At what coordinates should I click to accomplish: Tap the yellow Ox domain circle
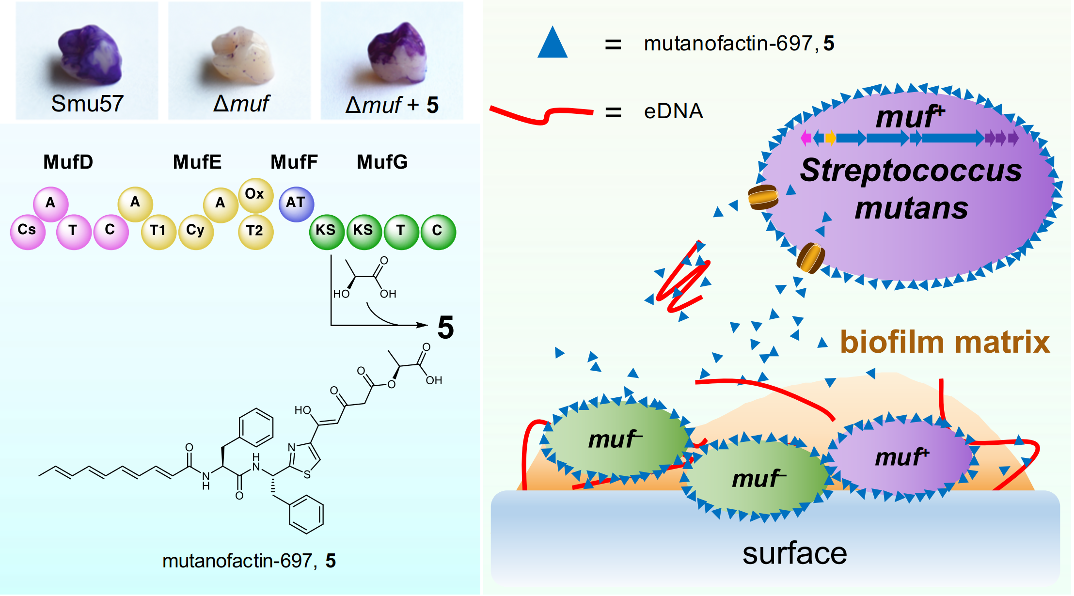coord(255,195)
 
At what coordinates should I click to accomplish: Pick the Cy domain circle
coord(195,231)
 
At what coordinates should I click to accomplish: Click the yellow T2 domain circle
coord(255,231)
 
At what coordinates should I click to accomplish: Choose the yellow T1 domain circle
coord(158,231)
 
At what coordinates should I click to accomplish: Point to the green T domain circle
coord(400,231)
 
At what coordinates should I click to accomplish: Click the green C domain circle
coord(437,231)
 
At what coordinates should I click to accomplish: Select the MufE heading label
coord(197,162)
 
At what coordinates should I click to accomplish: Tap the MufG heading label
coord(382,162)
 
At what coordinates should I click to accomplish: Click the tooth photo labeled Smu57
coord(90,56)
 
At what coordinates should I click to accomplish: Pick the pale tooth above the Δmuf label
coord(241,53)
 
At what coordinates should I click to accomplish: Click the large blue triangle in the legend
coord(552,44)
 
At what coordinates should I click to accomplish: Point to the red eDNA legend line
coord(540,114)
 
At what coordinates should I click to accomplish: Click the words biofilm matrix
coord(945,342)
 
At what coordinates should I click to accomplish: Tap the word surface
coord(794,553)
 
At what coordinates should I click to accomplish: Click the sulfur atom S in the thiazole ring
coord(307,475)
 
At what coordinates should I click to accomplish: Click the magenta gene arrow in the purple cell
coord(806,138)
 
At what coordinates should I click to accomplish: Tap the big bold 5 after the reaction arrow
coord(445,328)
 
